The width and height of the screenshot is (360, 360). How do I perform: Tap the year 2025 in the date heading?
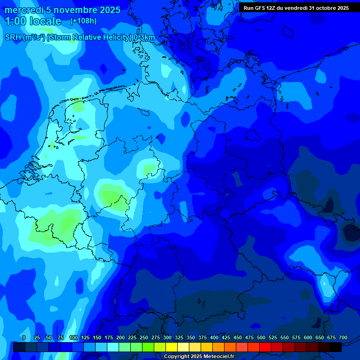[109, 10]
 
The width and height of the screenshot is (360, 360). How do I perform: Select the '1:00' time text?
[15, 21]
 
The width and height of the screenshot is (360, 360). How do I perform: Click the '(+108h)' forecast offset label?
[83, 21]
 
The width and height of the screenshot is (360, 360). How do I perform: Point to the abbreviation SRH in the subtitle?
[13, 37]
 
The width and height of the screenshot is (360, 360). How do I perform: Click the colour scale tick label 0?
[24, 337]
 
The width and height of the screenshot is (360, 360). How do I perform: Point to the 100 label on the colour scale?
[74, 337]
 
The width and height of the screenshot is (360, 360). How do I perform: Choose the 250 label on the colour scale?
[144, 337]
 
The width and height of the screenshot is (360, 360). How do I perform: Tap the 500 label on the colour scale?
[261, 337]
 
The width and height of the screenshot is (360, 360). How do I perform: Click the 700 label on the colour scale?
[343, 337]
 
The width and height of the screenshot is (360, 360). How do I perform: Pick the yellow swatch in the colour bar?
[172, 347]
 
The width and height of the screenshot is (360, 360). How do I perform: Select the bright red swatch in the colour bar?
[265, 347]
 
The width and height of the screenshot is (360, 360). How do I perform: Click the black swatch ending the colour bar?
[336, 347]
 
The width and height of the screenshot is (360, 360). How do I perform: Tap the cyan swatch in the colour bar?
[113, 347]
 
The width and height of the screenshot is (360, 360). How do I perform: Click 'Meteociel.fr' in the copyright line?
[218, 357]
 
